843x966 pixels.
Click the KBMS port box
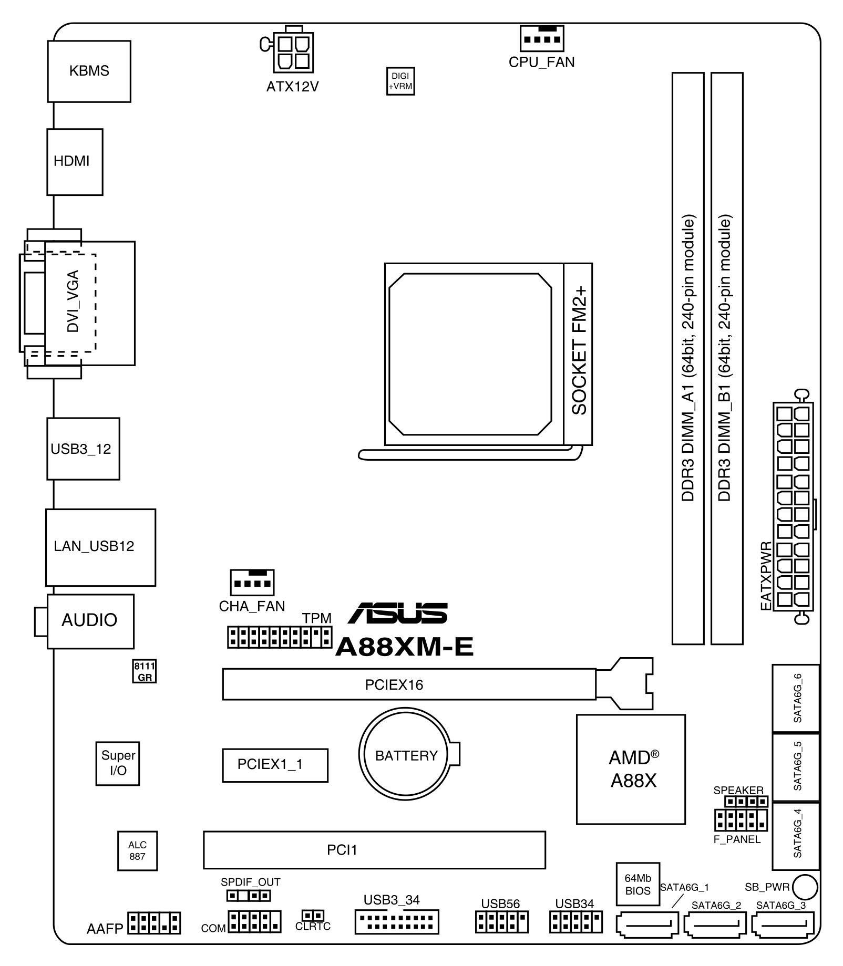click(x=89, y=71)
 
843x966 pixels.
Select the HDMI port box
click(x=75, y=161)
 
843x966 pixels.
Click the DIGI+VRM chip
click(x=400, y=81)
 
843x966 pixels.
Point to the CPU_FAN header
click(x=541, y=38)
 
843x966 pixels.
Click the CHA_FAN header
click(x=252, y=583)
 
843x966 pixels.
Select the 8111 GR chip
click(x=144, y=672)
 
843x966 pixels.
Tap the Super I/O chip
click(x=118, y=763)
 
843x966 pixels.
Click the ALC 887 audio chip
click(x=137, y=850)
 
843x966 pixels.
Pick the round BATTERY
click(x=405, y=755)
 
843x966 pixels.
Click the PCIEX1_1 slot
click(x=275, y=765)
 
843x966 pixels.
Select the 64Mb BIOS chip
click(x=638, y=885)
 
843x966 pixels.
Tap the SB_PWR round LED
click(x=805, y=887)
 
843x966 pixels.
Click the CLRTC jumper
click(x=313, y=916)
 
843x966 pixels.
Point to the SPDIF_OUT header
click(x=249, y=896)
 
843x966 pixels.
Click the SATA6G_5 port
click(x=796, y=766)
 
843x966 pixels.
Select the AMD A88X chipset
click(x=631, y=769)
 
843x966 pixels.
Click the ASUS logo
click(x=398, y=613)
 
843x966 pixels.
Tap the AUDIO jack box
click(x=90, y=621)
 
